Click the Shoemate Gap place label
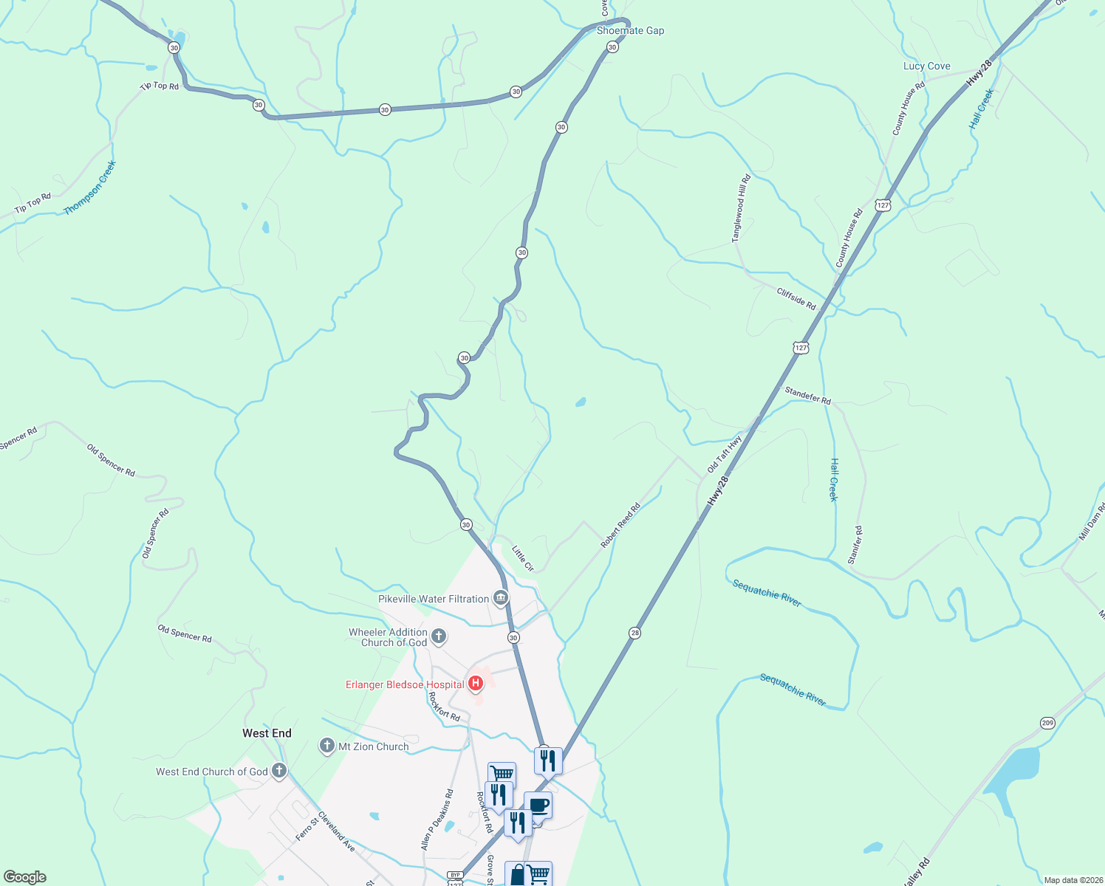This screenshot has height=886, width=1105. (x=630, y=31)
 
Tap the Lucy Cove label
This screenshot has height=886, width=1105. (x=926, y=66)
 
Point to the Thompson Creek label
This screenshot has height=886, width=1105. (x=90, y=188)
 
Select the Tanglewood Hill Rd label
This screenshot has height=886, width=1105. (x=741, y=208)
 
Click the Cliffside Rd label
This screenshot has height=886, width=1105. (x=796, y=299)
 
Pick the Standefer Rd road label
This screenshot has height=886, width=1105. (x=807, y=396)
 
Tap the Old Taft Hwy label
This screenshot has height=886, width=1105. (x=724, y=454)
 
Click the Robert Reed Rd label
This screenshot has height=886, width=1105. (x=620, y=526)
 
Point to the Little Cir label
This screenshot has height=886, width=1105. (x=523, y=559)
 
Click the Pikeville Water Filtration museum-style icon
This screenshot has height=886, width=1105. (x=501, y=598)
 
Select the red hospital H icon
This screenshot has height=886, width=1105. (x=476, y=684)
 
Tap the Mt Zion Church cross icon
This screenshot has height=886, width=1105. (x=327, y=746)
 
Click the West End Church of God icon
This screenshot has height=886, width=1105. (x=278, y=772)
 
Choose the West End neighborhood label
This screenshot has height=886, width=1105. (x=267, y=733)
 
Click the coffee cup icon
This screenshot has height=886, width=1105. (x=538, y=805)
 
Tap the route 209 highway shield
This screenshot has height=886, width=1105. (x=1047, y=723)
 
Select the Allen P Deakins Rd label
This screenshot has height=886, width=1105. (x=437, y=820)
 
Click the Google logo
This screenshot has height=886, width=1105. (x=25, y=877)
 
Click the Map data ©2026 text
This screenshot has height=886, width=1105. (x=1070, y=880)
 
